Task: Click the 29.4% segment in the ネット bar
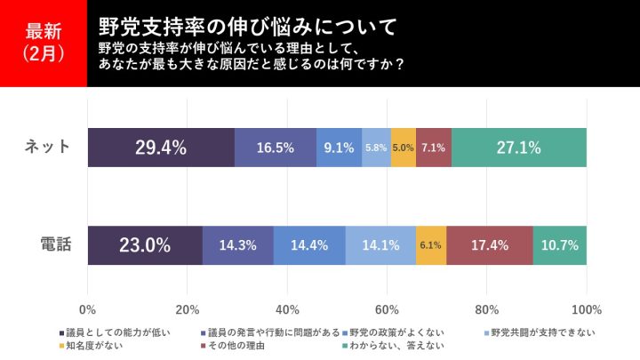click(x=161, y=148)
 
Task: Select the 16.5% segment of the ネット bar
click(x=276, y=148)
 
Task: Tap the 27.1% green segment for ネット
click(x=519, y=148)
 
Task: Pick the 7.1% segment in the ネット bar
click(x=434, y=148)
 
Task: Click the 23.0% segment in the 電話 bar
click(x=146, y=244)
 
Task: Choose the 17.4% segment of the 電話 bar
click(x=490, y=244)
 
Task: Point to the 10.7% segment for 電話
click(x=560, y=244)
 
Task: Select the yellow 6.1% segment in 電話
click(x=431, y=244)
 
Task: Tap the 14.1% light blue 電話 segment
click(x=380, y=244)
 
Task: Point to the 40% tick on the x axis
click(x=287, y=309)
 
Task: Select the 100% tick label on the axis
click(x=586, y=309)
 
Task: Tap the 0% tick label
click(x=88, y=309)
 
